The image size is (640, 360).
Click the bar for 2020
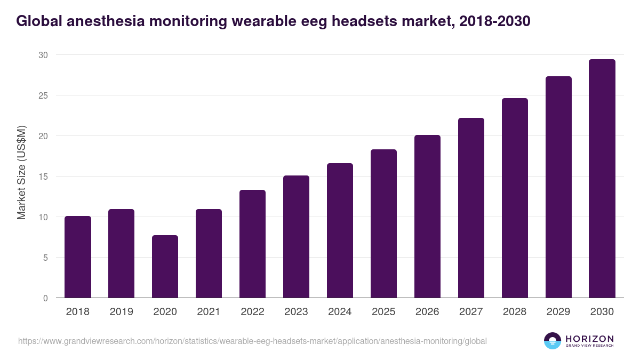coord(165,267)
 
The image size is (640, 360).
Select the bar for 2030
coord(602,179)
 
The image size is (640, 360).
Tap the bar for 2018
coord(77,257)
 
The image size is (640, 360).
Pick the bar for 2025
coord(383,223)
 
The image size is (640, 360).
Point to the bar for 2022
coord(252,244)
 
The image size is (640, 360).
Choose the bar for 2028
coord(515,198)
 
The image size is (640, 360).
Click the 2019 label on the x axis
coord(121,312)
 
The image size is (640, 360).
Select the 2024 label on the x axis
coord(340,312)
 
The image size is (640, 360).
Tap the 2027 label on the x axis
coord(471,312)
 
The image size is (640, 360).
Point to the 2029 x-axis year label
coord(558,312)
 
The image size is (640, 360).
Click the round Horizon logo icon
coord(552,341)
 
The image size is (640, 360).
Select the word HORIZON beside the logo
coord(589,338)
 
